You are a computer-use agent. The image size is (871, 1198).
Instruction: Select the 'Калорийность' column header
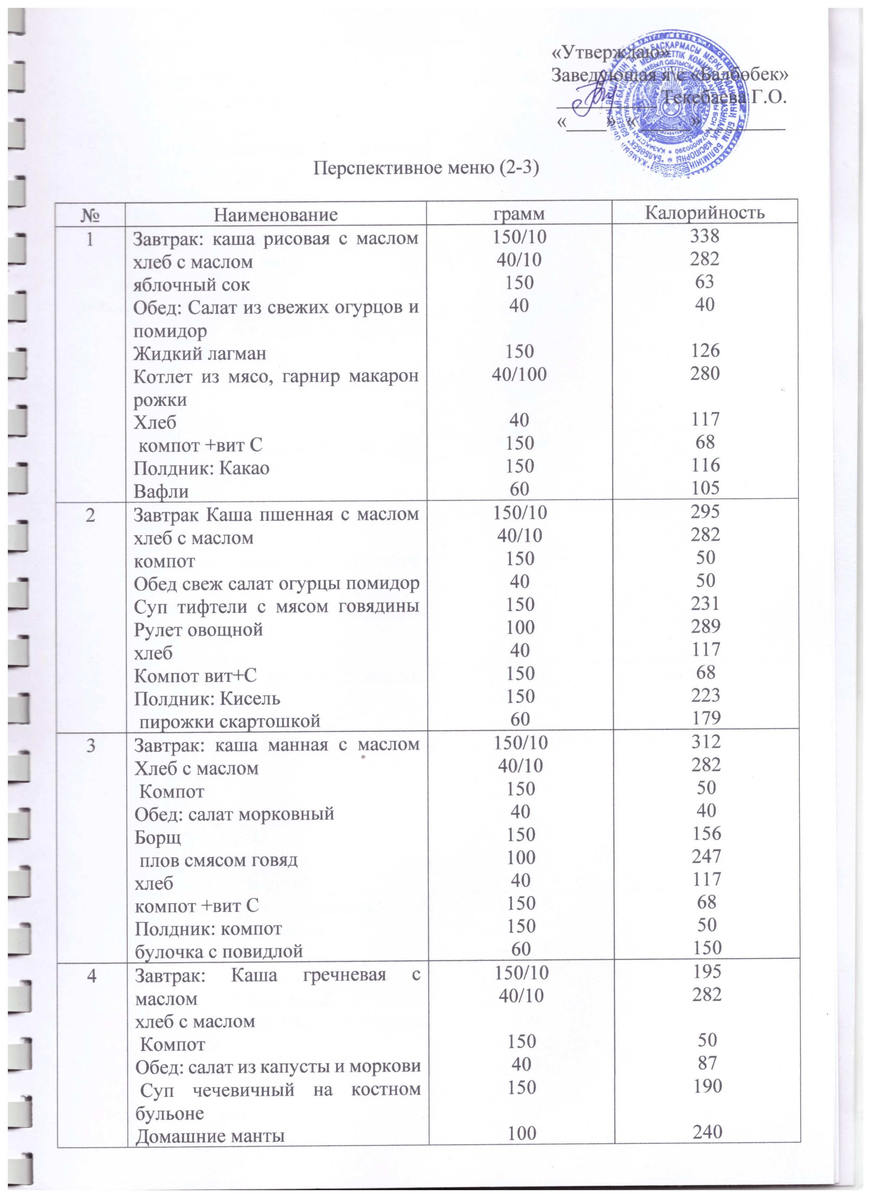(705, 213)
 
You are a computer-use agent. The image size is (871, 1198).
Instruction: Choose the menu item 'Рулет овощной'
(198, 630)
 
